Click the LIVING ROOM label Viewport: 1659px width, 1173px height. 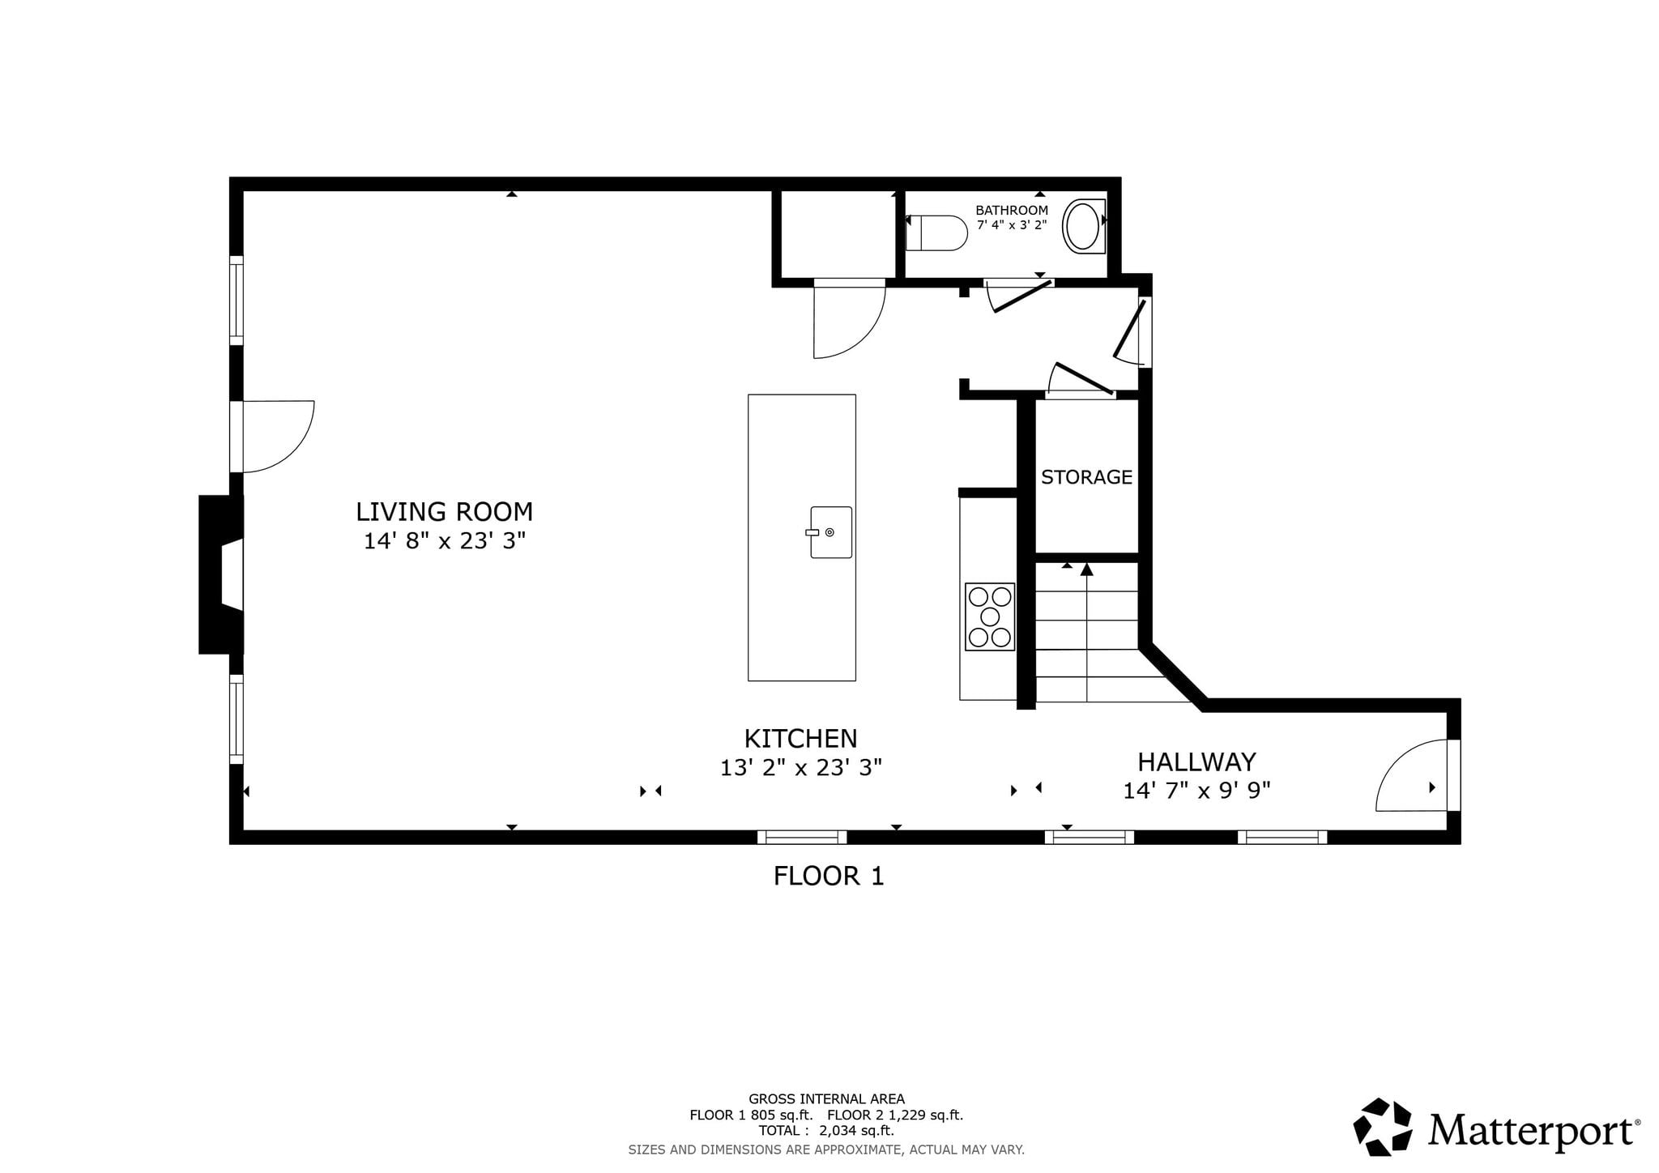tap(444, 512)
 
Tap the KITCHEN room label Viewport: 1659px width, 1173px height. tap(800, 739)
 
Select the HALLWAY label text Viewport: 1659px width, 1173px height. tap(1196, 762)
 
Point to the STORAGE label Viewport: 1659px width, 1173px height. tap(1086, 477)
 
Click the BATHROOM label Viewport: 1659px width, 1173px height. tap(1012, 210)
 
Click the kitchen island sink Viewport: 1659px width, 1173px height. tap(829, 532)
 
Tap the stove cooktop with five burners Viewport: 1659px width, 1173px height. tap(990, 616)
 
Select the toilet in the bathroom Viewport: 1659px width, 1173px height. tap(936, 232)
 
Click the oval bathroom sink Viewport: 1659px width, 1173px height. tap(1082, 226)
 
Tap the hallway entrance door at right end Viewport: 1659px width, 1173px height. tap(1412, 775)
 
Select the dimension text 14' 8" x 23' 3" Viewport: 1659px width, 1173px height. tap(444, 541)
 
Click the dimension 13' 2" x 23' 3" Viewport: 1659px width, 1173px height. tap(800, 767)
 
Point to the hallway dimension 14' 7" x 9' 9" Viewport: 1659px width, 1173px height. tap(1196, 791)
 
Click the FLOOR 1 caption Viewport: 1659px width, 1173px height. tap(829, 876)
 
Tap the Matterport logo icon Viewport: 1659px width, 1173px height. tap(1383, 1126)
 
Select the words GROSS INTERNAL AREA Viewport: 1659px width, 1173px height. tap(826, 1099)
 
